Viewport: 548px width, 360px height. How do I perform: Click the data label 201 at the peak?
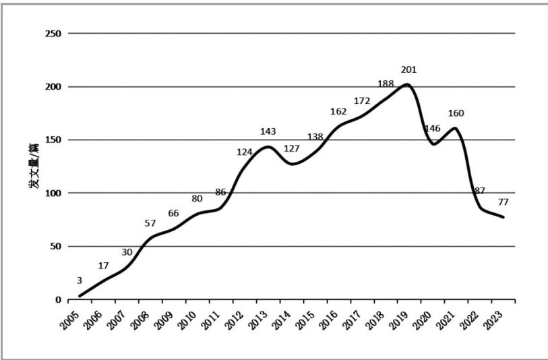[408, 69]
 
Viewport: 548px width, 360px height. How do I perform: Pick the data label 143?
[268, 131]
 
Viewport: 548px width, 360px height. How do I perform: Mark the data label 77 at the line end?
[503, 202]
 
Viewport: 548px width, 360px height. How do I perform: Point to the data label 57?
[150, 223]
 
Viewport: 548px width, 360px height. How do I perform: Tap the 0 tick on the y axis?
[58, 300]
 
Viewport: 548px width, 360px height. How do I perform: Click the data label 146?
[431, 129]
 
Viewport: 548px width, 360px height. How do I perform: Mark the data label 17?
[102, 266]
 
